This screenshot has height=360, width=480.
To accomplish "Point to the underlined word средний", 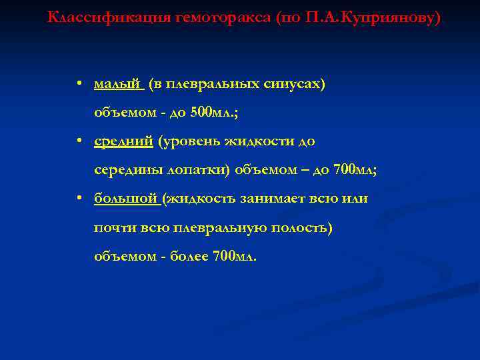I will (x=124, y=141).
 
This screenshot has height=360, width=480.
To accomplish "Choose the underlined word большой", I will (x=126, y=198).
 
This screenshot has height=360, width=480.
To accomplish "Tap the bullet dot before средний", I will (x=79, y=141).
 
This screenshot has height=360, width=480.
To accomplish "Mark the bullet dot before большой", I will (x=79, y=198).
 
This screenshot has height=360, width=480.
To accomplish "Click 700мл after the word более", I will (x=233, y=256).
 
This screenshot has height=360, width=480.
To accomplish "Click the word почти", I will (x=115, y=227).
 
